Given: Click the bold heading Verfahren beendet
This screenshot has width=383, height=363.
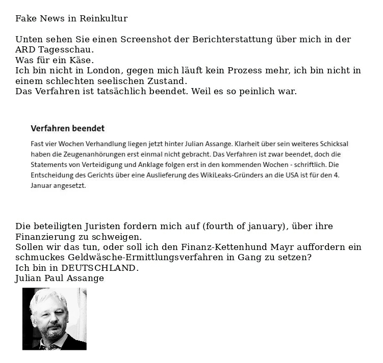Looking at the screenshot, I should click(x=67, y=129).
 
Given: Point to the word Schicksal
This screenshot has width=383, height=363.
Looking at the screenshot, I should click(x=334, y=144).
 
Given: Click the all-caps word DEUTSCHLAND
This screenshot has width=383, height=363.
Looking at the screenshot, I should click(x=99, y=268).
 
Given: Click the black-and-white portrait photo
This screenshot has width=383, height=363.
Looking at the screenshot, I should click(x=55, y=319).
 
